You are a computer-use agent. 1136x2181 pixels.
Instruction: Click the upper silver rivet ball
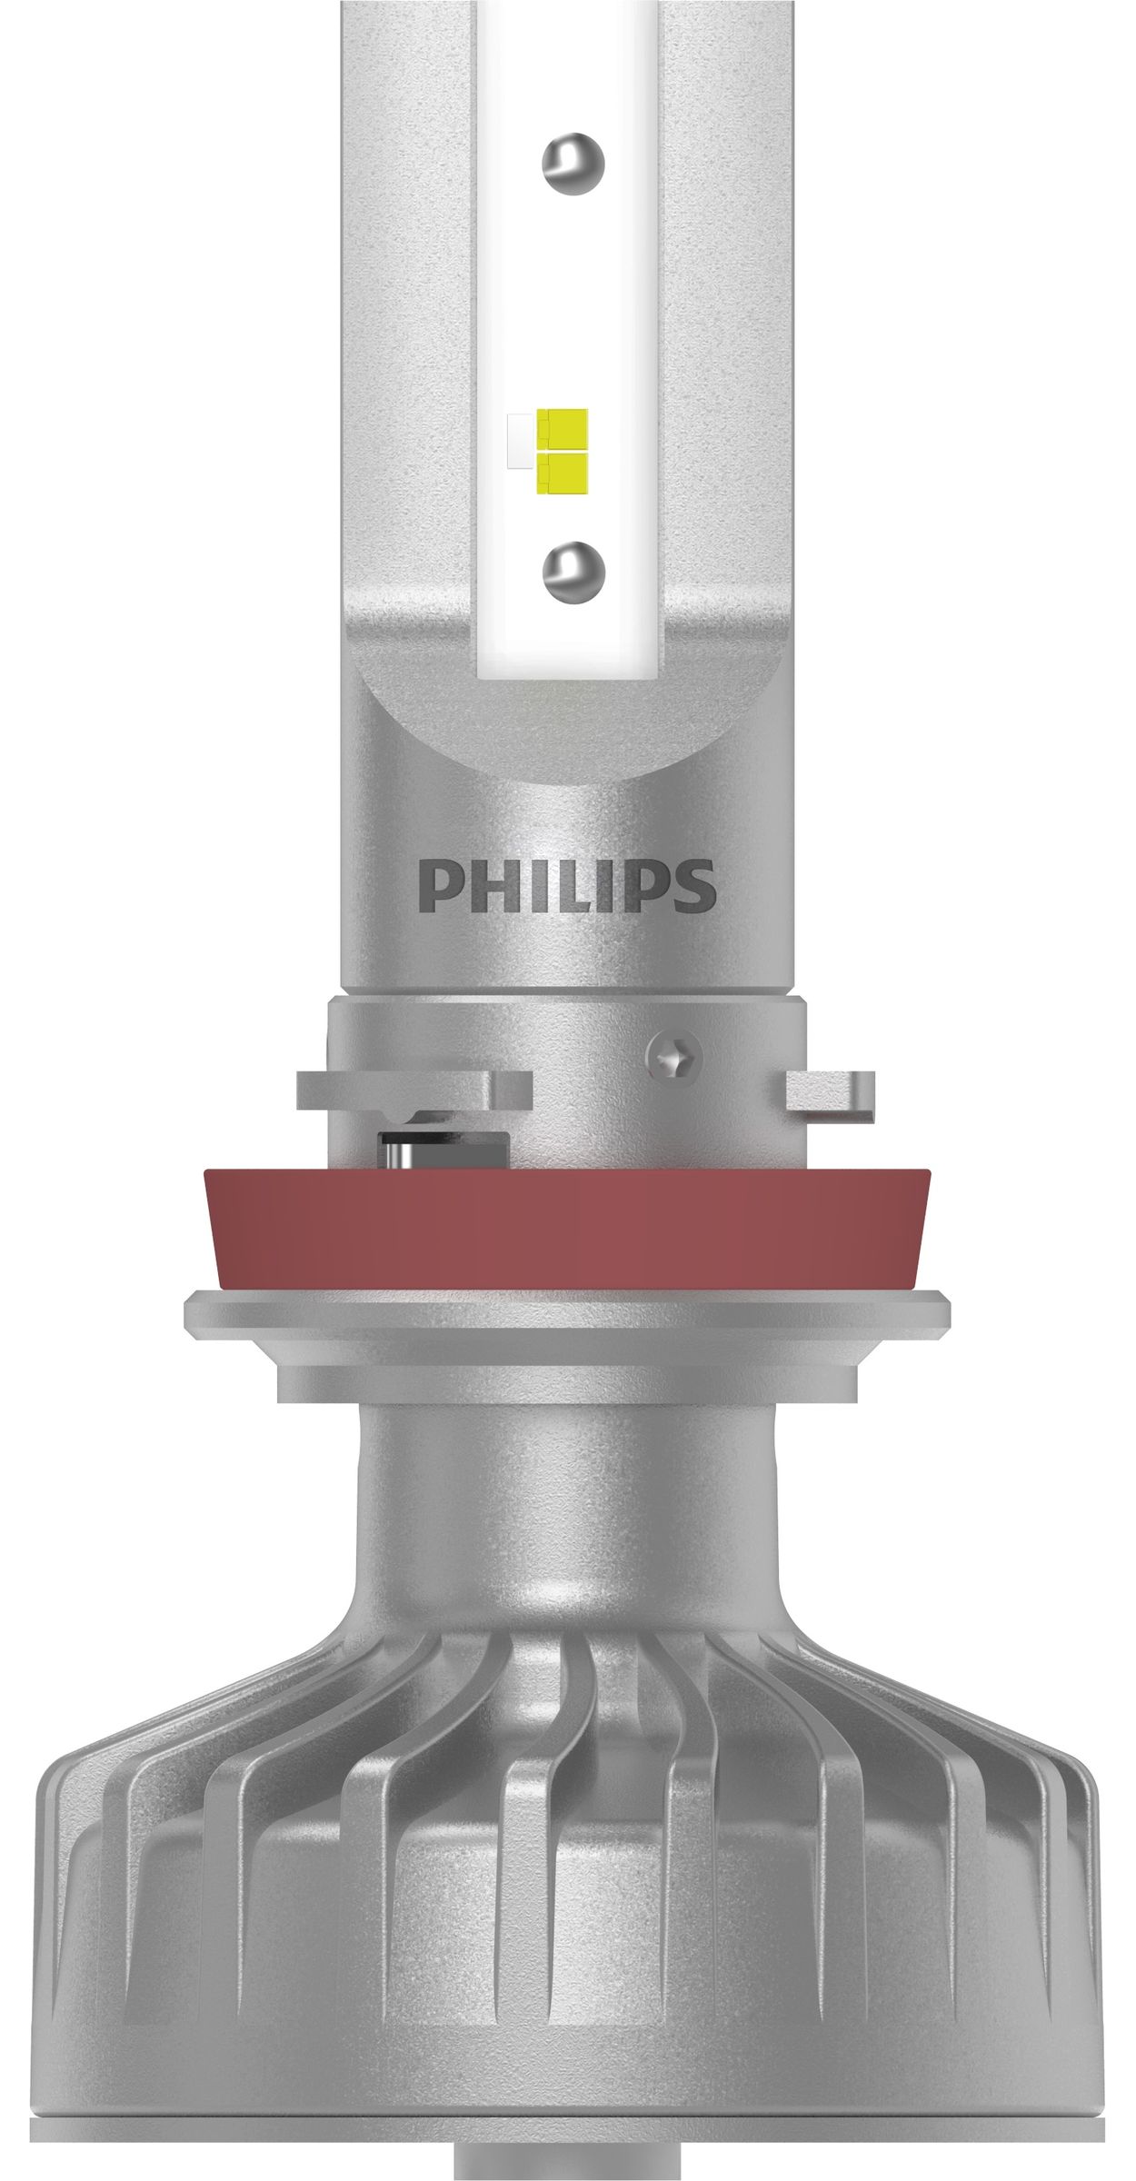[573, 164]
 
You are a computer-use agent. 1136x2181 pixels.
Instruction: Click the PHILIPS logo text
[567, 886]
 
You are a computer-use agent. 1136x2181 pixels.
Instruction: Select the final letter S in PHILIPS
[695, 886]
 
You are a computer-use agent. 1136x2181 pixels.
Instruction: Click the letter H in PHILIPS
[486, 886]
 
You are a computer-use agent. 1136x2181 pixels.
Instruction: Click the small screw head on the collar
[673, 1057]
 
